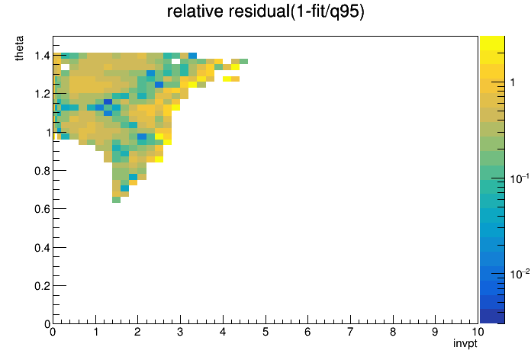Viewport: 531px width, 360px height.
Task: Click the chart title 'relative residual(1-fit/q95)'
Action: click(265, 11)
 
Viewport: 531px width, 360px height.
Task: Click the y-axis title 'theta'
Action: click(20, 48)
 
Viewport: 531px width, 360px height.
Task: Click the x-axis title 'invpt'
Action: click(465, 343)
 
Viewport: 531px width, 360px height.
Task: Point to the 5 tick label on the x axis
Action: click(265, 332)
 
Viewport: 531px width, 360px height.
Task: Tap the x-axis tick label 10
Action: click(478, 332)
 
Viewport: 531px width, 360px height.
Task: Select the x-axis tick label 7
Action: click(350, 332)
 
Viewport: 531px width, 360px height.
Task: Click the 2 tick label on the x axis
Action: click(137, 332)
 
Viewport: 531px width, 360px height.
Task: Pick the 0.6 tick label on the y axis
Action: click(42, 209)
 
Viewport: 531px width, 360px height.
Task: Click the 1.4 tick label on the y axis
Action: click(42, 55)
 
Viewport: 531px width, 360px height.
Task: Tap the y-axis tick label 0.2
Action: click(42, 286)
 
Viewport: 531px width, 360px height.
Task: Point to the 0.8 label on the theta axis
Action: click(42, 171)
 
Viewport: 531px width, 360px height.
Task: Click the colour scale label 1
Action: click(513, 82)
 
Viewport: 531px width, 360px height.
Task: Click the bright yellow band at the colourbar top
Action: click(492, 43)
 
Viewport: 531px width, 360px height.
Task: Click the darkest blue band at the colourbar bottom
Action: click(492, 317)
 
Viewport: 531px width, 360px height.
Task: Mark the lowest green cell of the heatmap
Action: click(116, 200)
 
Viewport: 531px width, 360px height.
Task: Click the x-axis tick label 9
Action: click(435, 332)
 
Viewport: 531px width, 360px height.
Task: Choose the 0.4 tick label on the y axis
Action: click(42, 248)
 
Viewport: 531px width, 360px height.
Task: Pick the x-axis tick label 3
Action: click(180, 332)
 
